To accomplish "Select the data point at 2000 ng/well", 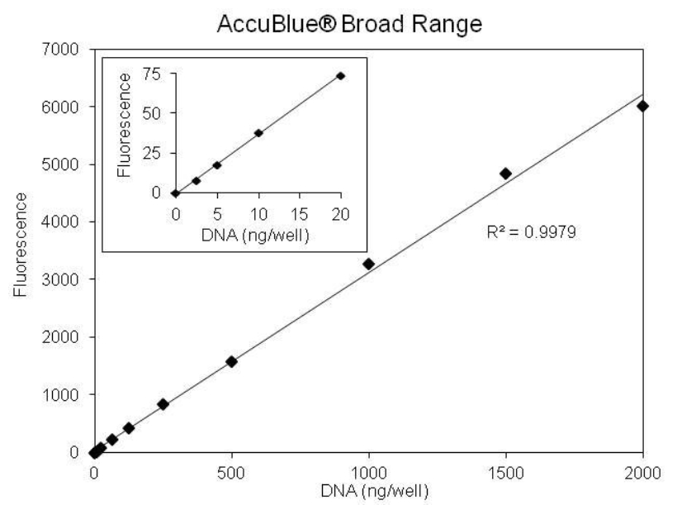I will [642, 106].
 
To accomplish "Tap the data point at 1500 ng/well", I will [505, 174].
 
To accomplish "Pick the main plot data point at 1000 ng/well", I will [368, 264].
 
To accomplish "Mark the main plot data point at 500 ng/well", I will [231, 361].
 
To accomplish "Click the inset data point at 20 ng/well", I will [340, 76].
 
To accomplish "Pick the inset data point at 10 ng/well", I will [258, 132].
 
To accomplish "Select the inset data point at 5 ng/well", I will [216, 164].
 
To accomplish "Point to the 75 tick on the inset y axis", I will [153, 74].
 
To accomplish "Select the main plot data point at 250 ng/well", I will [163, 404].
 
